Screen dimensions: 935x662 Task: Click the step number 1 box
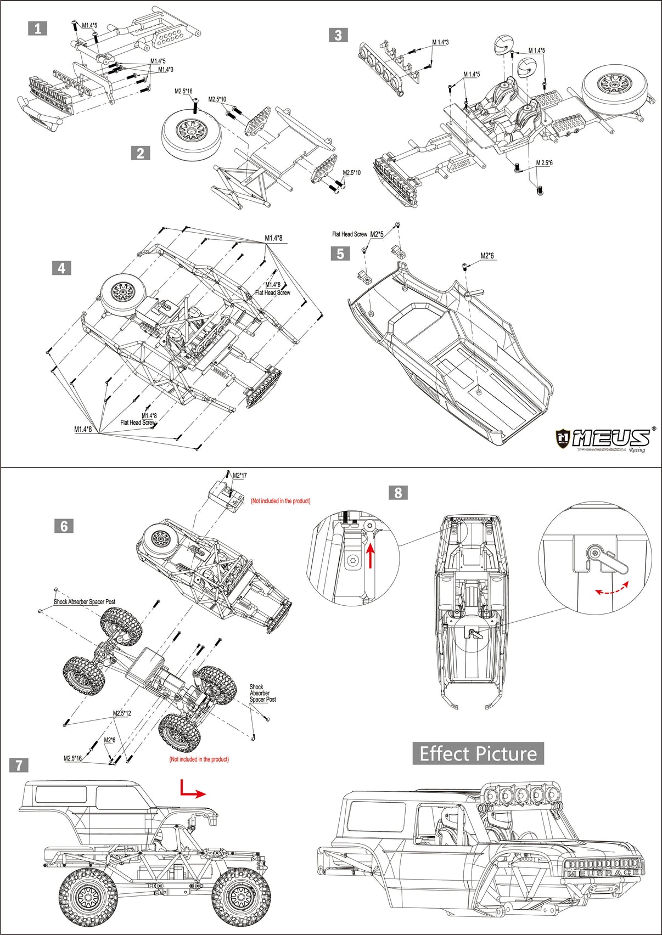click(37, 29)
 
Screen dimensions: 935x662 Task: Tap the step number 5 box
click(340, 254)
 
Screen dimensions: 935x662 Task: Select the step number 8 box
click(398, 492)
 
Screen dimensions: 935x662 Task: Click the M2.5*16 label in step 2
click(183, 91)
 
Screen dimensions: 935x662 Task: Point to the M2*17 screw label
click(240, 476)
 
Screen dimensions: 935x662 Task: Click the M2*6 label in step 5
click(487, 256)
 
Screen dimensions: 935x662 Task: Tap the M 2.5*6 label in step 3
click(544, 163)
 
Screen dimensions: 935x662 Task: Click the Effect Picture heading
click(478, 753)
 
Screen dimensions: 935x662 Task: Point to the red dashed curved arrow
click(612, 588)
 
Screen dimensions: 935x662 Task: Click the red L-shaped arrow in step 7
click(192, 790)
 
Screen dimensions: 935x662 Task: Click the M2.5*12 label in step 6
click(122, 713)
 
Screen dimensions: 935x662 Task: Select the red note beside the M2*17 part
click(280, 501)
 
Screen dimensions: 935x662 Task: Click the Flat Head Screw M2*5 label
click(358, 234)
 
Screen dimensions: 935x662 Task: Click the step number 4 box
click(61, 268)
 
